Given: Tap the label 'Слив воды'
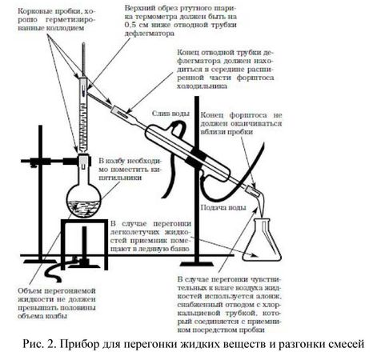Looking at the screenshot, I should pyautogui.click(x=166, y=106).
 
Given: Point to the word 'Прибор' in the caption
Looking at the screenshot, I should pyautogui.click(x=84, y=345).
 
